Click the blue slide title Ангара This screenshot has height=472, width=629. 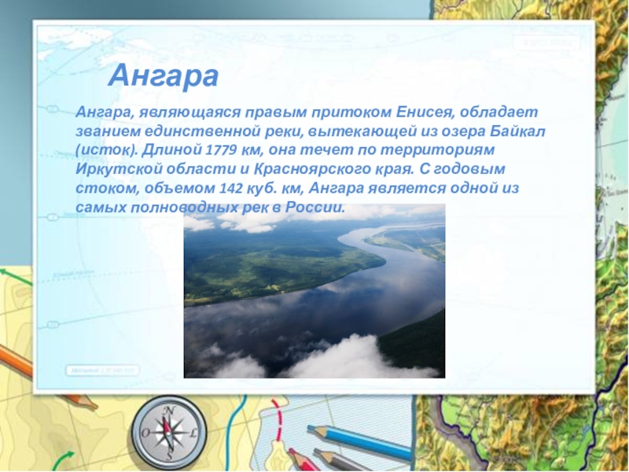pos(163,76)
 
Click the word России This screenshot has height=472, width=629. pos(314,208)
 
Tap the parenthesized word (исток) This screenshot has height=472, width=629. pos(106,150)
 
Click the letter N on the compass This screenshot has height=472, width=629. pos(170,411)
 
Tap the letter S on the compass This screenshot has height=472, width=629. pos(169,455)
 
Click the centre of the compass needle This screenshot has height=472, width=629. pos(168,433)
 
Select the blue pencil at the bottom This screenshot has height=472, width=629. pos(359,442)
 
